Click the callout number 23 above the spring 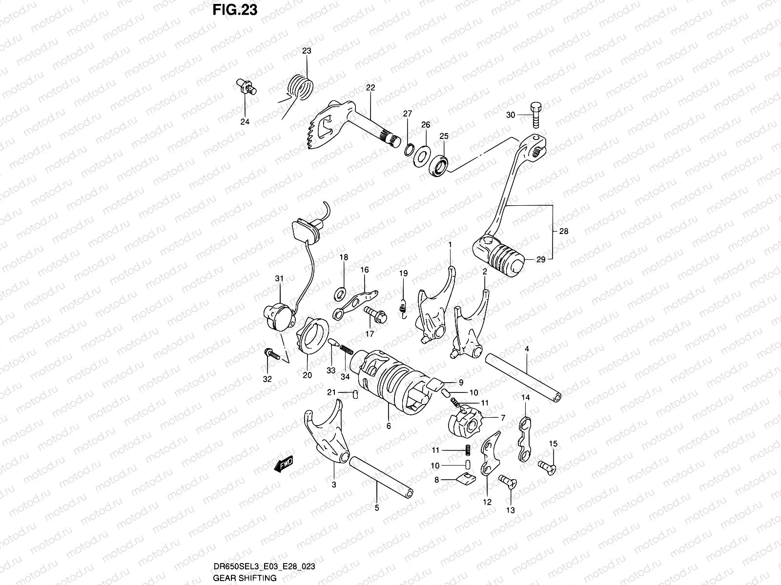point(307,51)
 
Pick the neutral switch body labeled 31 point(278,317)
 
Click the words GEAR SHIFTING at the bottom point(245,578)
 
